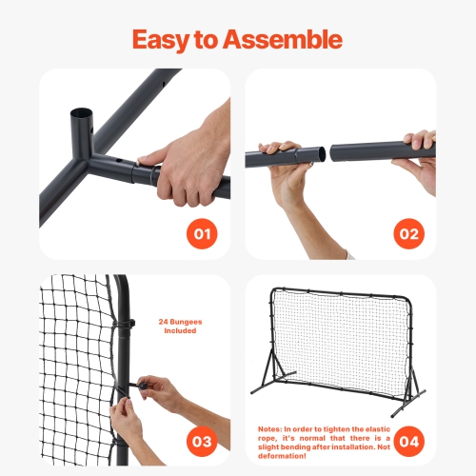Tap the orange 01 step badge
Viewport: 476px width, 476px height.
click(202, 231)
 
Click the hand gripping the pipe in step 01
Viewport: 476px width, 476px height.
click(190, 157)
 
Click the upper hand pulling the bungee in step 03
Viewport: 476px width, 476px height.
click(162, 390)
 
